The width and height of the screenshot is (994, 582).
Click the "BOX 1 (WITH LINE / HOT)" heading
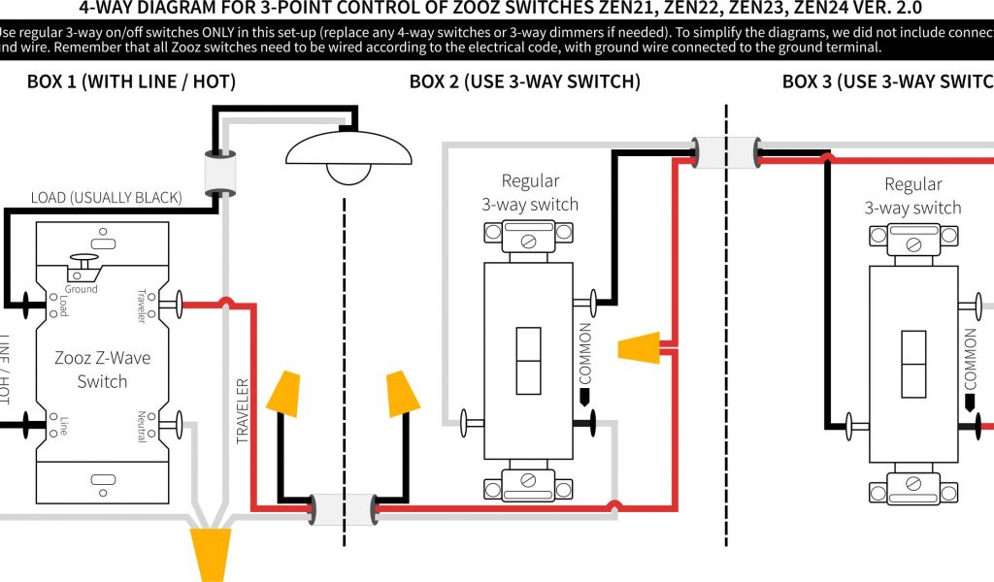(x=131, y=82)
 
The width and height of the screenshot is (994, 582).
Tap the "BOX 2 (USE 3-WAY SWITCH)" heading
(x=525, y=82)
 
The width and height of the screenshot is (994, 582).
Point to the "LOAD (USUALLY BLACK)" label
(x=106, y=198)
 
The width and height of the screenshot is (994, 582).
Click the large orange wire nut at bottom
(x=211, y=552)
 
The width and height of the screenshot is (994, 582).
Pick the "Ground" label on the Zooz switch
(x=82, y=289)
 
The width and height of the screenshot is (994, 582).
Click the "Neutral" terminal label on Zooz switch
(x=142, y=427)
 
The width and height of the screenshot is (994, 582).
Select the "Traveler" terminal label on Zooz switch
(x=142, y=306)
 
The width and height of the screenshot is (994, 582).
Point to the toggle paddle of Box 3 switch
(x=913, y=365)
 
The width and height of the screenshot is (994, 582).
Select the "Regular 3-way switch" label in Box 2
(x=530, y=192)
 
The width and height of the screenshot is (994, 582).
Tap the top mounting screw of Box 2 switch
(x=529, y=235)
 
